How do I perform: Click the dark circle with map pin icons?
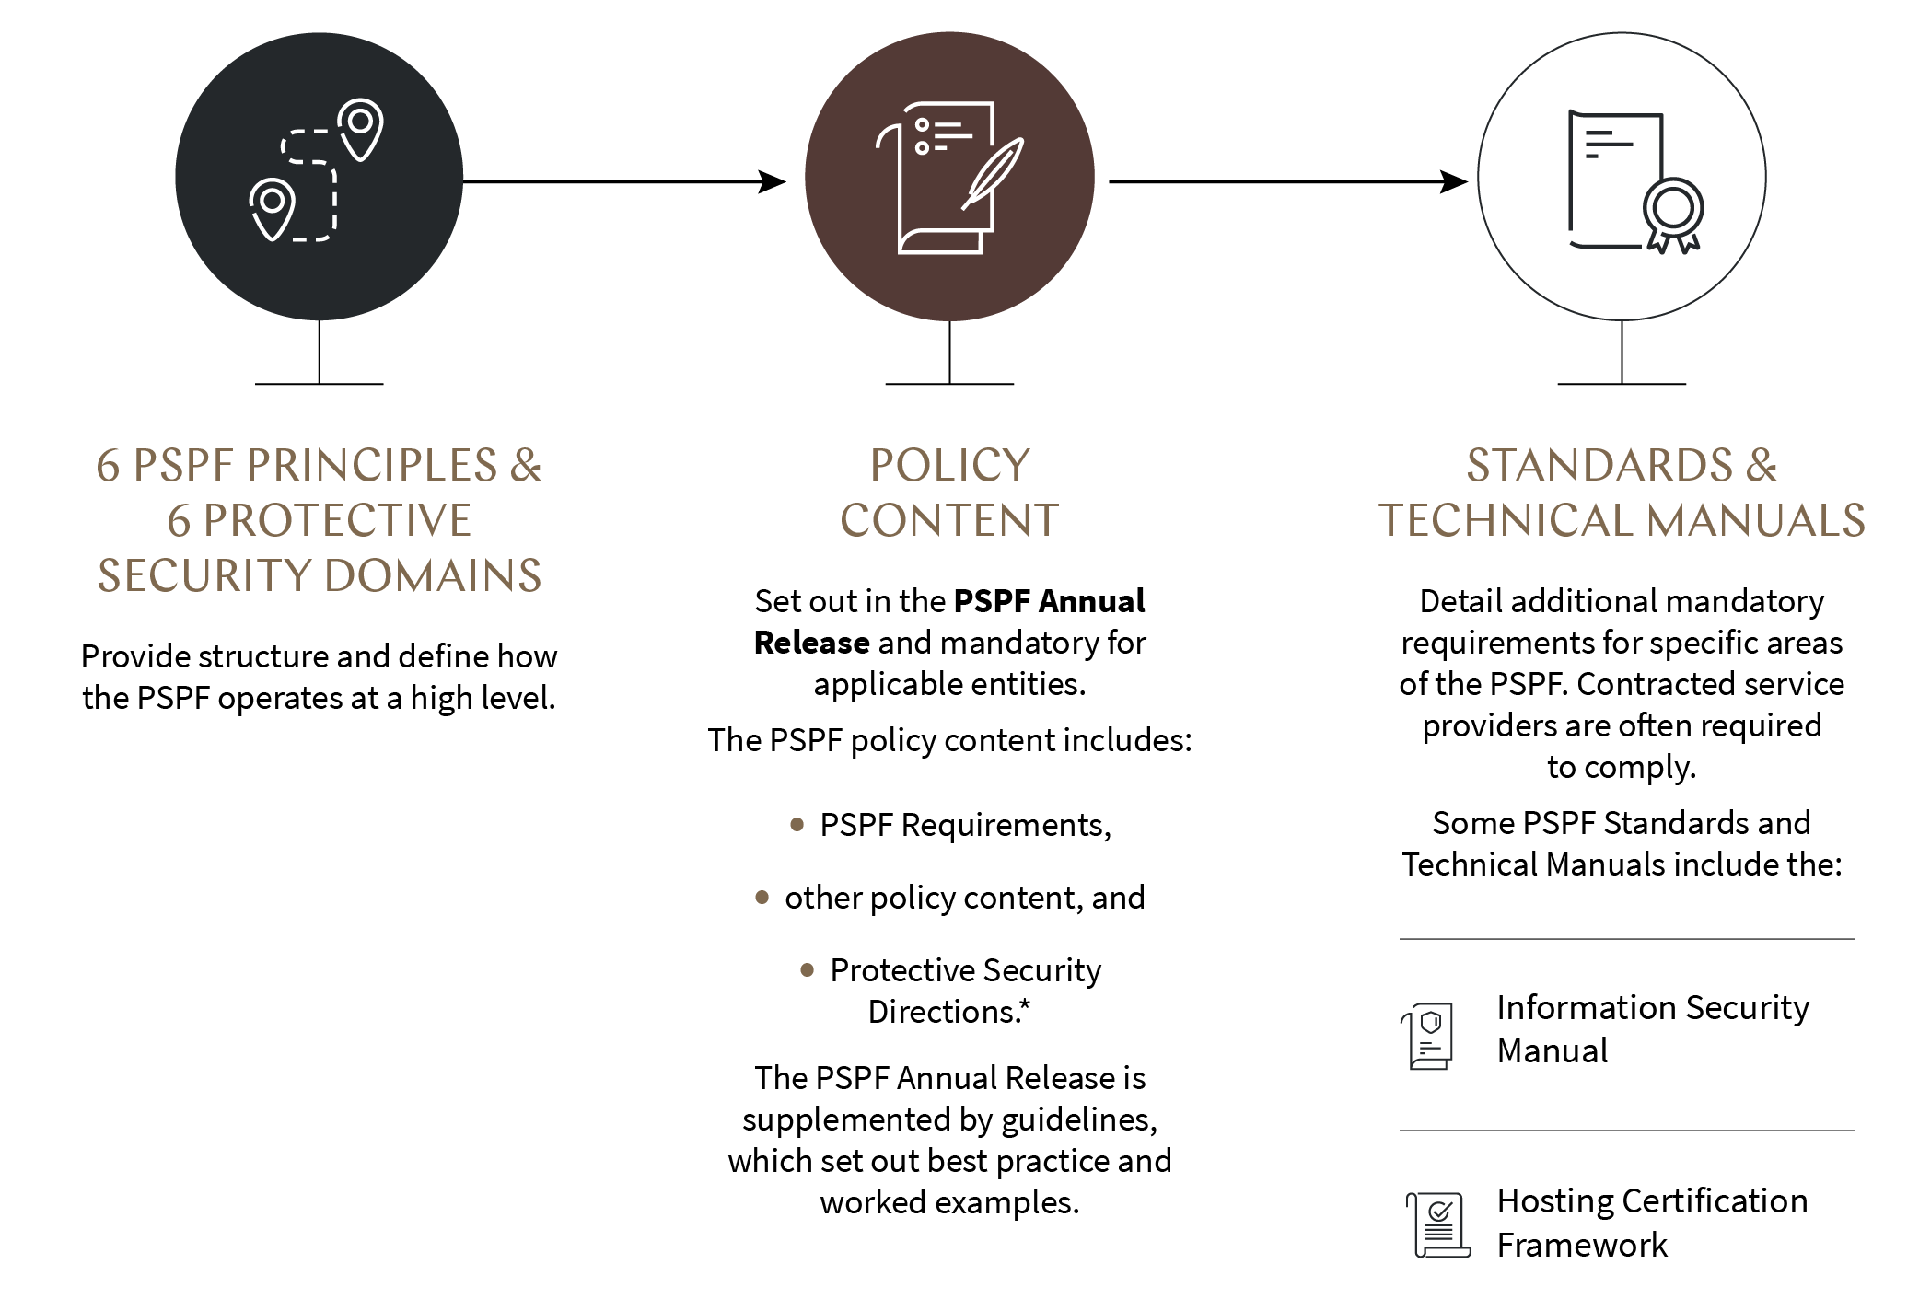click(319, 177)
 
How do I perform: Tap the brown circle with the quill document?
click(949, 177)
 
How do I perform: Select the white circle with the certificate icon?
click(1622, 177)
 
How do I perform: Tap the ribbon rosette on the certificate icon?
click(1673, 214)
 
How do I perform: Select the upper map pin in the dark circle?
click(360, 127)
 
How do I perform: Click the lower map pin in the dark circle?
click(273, 207)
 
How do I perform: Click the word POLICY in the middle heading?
click(949, 465)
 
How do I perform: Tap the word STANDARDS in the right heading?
click(1599, 465)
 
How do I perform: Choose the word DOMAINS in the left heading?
click(433, 576)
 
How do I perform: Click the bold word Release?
click(811, 643)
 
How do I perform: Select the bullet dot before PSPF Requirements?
click(797, 824)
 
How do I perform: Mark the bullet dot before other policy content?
click(762, 897)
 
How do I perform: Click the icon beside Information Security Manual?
click(1428, 1036)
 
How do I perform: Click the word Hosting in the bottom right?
click(1554, 1201)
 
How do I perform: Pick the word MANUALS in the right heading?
click(1756, 521)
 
